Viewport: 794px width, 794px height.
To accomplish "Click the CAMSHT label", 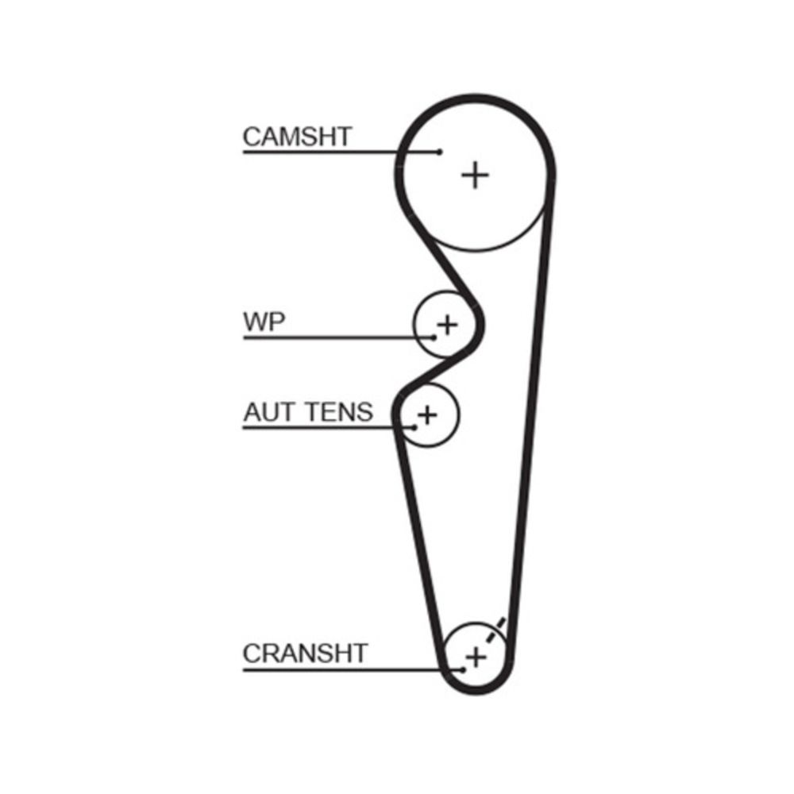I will (296, 137).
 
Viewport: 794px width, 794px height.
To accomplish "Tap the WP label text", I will (264, 322).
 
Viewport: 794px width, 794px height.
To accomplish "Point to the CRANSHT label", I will (305, 653).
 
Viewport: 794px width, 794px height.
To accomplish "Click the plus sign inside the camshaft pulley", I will (475, 174).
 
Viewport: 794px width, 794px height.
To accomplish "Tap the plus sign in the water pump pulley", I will (448, 324).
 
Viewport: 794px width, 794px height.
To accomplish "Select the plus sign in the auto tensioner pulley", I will (427, 414).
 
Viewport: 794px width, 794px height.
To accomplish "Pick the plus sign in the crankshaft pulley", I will (476, 657).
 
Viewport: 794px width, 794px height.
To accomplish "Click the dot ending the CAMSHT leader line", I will (439, 152).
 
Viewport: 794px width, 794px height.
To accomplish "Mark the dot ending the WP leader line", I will (434, 337).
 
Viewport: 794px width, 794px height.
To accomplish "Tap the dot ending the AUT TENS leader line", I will (414, 427).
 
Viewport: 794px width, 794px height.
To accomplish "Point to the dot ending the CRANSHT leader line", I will (462, 669).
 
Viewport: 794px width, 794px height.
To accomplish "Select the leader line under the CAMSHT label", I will (333, 152).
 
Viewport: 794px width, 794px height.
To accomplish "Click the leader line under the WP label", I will (333, 337).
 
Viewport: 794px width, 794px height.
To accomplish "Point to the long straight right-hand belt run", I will (530, 421).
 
